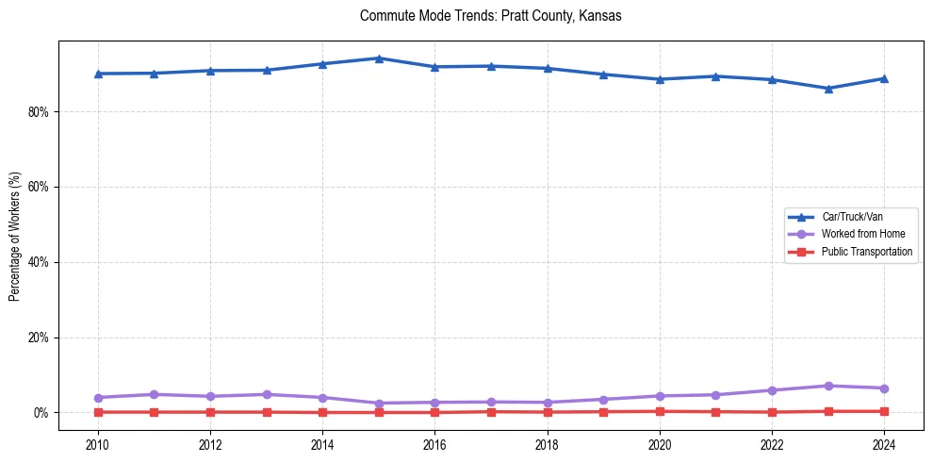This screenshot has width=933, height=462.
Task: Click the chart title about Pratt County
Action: coord(490,16)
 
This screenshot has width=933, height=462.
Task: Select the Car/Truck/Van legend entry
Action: coord(852,217)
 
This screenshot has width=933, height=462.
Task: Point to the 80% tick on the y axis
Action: coord(39,111)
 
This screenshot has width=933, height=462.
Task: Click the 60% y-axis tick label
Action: coord(39,187)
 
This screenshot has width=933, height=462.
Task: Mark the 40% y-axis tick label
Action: coord(39,262)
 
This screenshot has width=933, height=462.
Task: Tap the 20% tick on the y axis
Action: coord(39,338)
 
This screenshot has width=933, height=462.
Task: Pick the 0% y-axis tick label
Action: coord(41,413)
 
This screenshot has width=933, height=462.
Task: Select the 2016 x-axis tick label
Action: coord(434,444)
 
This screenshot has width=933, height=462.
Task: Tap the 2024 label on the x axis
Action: coord(884,444)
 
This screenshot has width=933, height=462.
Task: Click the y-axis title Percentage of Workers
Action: coord(15,236)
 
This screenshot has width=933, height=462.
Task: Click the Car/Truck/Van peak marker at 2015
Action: coord(379,58)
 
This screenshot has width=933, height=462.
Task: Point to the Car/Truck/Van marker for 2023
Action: coord(828,89)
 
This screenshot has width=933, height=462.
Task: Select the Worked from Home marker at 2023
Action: coord(828,386)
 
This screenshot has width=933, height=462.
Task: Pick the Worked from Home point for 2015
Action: coord(379,404)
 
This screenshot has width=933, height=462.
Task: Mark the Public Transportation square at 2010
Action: coord(98,412)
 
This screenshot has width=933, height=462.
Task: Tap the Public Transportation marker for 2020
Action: coord(660,411)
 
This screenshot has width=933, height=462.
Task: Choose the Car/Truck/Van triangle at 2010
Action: coord(98,74)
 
